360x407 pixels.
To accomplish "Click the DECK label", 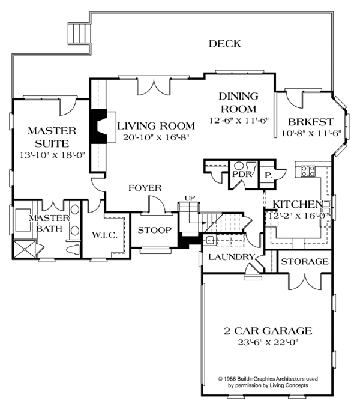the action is [x=225, y=44].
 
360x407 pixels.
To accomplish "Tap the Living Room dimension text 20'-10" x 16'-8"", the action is [x=156, y=137].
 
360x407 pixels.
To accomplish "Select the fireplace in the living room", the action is [x=98, y=127].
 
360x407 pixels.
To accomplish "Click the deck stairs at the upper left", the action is [x=79, y=33].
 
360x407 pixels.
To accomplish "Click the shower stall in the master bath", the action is [x=24, y=249].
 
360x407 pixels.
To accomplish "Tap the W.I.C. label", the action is [x=105, y=235].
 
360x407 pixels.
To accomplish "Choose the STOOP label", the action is [x=155, y=230].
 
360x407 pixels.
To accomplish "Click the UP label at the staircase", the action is [x=190, y=198].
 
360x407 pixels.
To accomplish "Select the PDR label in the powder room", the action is [x=242, y=174].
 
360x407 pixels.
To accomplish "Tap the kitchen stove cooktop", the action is [x=308, y=171].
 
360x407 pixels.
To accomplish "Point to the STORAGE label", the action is [x=305, y=261].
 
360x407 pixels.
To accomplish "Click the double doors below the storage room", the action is [x=305, y=282].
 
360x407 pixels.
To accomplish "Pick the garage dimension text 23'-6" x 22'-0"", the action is [x=268, y=342].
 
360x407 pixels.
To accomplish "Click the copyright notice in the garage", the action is [x=268, y=382].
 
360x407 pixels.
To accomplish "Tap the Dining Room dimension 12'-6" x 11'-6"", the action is [x=239, y=121].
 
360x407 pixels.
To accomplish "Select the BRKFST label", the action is [x=311, y=122].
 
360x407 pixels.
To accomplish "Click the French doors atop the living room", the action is [x=154, y=86].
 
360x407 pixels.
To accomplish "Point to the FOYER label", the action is [x=145, y=188].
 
